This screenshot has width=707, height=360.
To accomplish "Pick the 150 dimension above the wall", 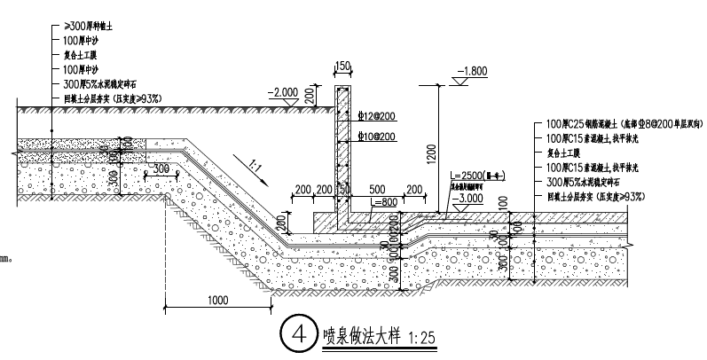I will (x=342, y=66).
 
